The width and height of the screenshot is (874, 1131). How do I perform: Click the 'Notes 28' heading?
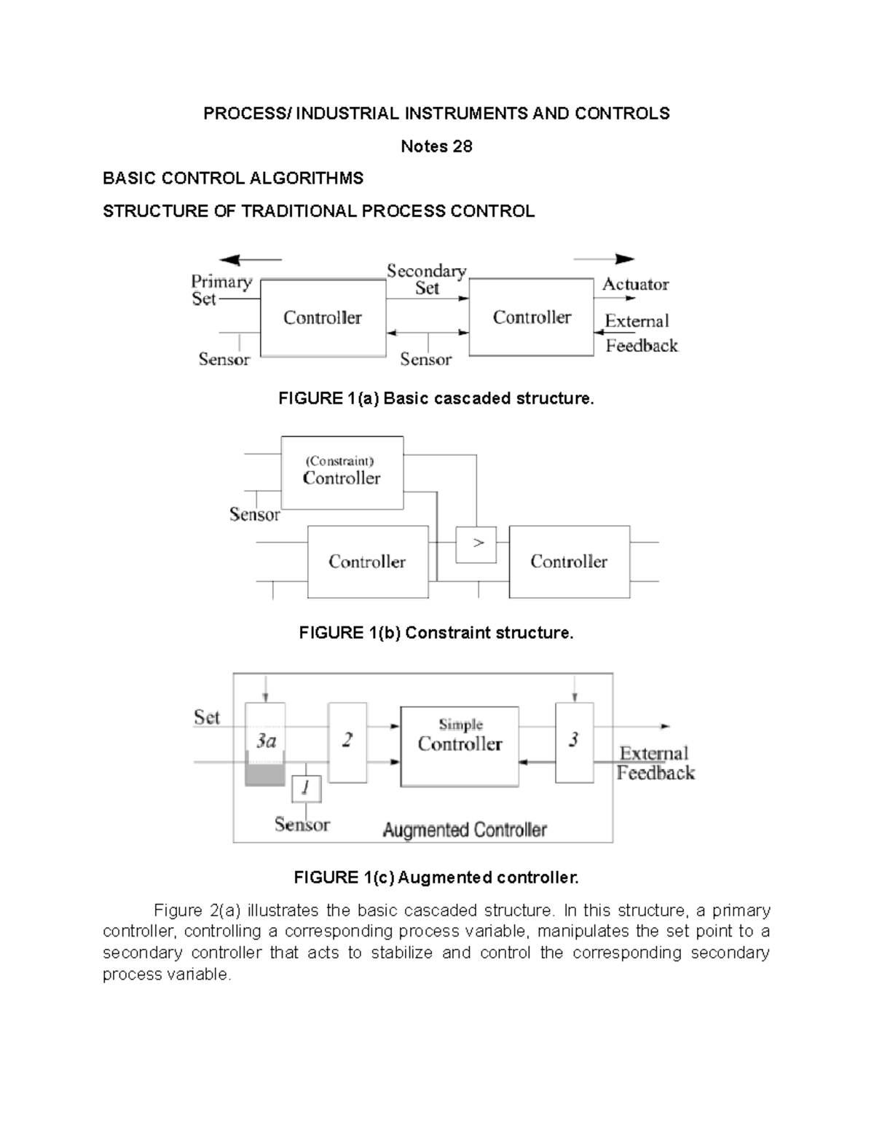436,146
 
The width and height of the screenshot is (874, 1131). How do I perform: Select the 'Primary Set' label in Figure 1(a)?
220,290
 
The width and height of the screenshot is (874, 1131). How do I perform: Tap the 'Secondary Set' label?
426,280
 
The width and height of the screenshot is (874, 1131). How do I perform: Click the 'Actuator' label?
634,284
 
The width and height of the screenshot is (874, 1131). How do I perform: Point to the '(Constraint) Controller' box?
342,473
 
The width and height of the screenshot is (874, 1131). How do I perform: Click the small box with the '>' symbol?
476,544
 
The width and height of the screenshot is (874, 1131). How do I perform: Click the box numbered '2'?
347,742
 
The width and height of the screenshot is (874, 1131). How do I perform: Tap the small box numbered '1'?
306,788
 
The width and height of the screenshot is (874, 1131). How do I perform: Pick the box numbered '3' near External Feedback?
574,742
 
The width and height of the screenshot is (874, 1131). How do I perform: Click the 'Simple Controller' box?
460,746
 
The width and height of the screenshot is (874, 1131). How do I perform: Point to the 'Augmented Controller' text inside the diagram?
465,829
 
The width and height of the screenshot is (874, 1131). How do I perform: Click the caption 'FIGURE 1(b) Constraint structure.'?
436,633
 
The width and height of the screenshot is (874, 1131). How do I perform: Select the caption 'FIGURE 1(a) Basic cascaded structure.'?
436,398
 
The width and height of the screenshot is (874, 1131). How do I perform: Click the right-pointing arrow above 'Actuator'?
605,259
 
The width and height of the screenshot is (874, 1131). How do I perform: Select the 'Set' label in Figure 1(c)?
206,717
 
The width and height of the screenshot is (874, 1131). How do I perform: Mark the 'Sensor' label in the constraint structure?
254,514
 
